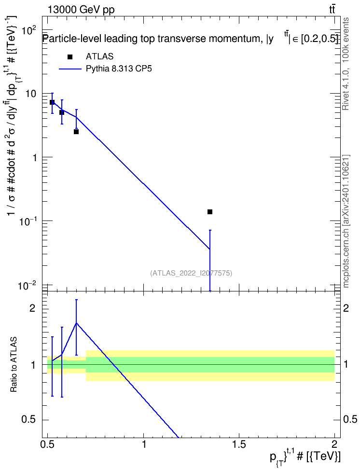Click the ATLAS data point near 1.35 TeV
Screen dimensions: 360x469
(210, 212)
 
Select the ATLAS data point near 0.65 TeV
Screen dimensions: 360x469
(76, 132)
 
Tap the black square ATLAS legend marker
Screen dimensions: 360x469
(70, 57)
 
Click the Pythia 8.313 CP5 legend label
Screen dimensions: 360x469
(119, 69)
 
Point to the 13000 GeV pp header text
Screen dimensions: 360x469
(81, 10)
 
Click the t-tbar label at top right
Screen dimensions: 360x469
(332, 10)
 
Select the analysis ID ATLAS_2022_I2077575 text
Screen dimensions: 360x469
(191, 273)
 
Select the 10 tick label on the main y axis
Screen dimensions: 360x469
(31, 94)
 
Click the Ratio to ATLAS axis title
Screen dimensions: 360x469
(14, 364)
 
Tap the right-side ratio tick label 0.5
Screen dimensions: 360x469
(349, 419)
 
